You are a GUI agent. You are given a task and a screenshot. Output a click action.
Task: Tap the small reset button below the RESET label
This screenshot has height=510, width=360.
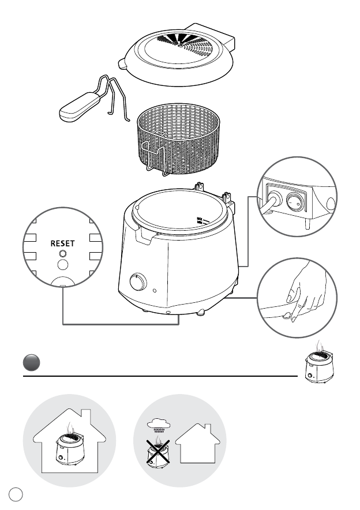pos(63,254)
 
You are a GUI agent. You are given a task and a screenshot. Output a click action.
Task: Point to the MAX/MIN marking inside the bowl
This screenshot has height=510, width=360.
pos(202,220)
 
